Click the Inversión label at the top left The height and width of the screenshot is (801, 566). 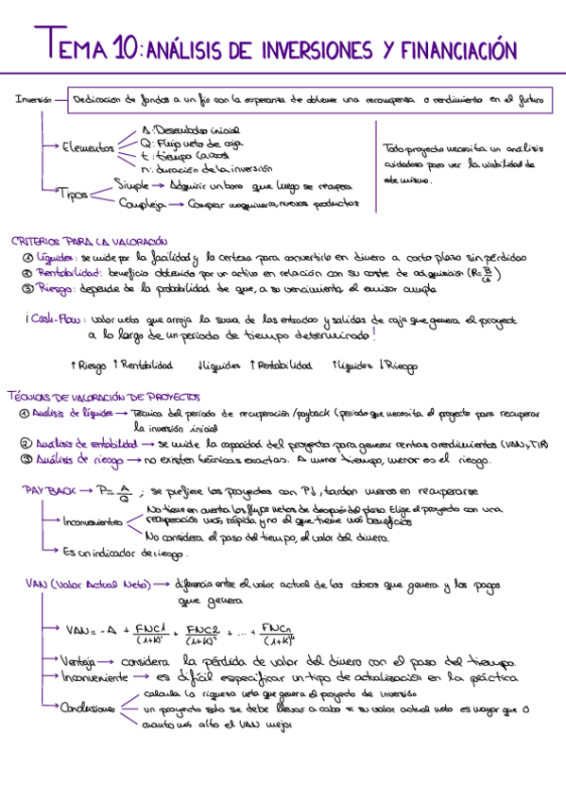click(30, 99)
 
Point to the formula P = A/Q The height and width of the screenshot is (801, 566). click(119, 491)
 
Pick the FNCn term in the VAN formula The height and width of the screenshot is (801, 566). click(276, 629)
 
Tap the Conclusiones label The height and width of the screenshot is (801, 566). click(86, 708)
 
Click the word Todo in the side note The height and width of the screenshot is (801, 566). click(393, 148)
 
